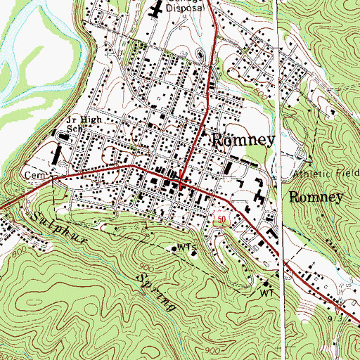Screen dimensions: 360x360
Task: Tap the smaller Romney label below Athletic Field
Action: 316,197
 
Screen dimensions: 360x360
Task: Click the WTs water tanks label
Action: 186,247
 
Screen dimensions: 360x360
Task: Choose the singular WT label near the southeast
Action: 266,291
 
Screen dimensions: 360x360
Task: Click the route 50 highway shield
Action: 220,221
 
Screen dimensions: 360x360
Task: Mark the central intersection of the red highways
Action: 181,184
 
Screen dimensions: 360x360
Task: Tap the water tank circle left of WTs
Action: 175,248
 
